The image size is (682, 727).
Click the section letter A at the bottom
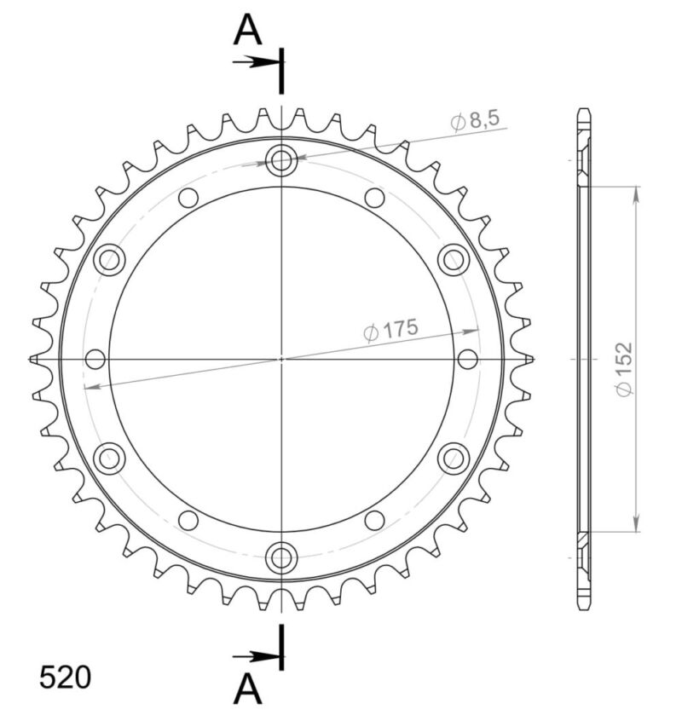coord(247,689)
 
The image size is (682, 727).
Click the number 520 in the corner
coord(65,678)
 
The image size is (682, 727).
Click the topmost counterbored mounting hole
coord(280,160)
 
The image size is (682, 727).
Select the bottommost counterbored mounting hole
coord(280,558)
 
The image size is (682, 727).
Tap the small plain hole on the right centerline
coord(467,359)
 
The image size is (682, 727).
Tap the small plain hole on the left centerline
coord(95,359)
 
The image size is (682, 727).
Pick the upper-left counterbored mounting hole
coord(109,259)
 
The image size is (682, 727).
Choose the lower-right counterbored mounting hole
coord(454,459)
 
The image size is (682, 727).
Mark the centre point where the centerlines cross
coord(281,359)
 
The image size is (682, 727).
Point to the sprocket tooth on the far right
coord(528,359)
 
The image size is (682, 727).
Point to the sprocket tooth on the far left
coord(35,359)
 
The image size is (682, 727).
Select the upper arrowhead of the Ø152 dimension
coord(636,193)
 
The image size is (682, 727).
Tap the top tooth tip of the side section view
coord(582,111)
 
